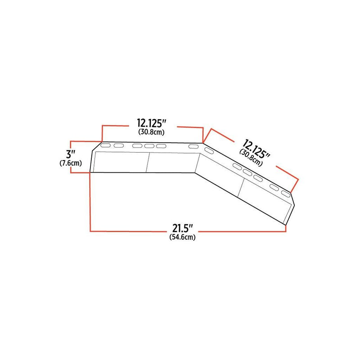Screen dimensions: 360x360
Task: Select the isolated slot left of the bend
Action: (193, 147)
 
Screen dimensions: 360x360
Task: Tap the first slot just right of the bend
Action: (209, 151)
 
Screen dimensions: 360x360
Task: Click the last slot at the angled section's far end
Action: (286, 193)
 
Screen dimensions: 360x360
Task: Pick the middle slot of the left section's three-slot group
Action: (149, 146)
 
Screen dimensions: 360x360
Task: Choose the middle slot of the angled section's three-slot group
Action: (247, 173)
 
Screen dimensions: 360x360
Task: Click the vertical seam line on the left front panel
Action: (148, 162)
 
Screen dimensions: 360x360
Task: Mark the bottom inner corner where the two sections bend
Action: (195, 172)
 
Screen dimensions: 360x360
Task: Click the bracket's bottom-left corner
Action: (91, 172)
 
